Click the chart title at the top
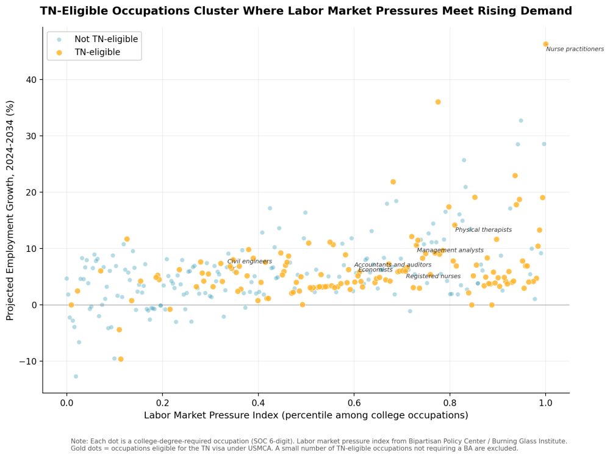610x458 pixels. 306,11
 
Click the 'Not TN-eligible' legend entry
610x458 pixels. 106,39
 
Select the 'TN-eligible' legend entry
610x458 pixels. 97,52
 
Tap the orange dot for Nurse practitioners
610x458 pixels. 545,44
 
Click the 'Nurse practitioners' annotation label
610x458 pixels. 575,49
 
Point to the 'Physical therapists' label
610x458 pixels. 483,230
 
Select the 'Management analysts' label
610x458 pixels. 450,250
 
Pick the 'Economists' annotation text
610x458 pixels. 375,270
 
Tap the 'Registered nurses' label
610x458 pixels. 433,276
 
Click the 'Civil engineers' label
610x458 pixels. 249,261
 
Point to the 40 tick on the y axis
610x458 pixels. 30,80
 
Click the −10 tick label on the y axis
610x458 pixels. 27,361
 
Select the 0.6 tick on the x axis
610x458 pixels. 354,402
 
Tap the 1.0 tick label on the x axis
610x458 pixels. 545,402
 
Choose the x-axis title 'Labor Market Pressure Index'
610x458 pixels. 306,415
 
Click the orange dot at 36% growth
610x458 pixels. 437,102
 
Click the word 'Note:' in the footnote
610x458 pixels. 79,441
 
